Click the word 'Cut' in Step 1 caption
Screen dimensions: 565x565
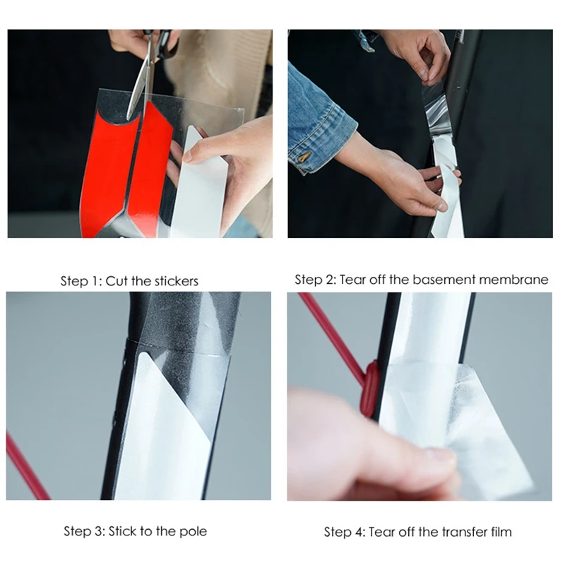click(117, 281)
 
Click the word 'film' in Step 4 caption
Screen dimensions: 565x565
click(501, 533)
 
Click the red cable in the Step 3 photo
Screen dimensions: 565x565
click(26, 467)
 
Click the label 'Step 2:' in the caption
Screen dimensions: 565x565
click(316, 280)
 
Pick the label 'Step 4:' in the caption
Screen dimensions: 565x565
click(345, 533)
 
